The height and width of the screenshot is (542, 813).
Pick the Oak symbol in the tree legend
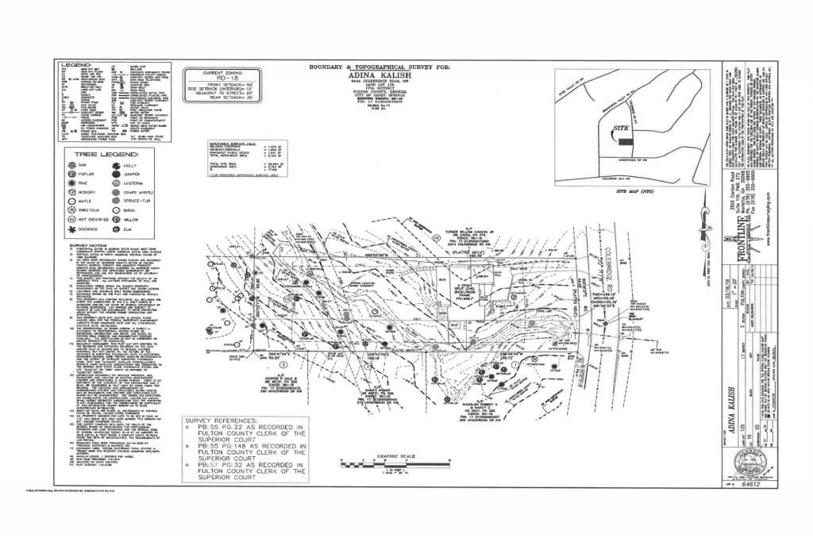coord(73,165)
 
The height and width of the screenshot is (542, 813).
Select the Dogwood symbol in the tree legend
coord(73,229)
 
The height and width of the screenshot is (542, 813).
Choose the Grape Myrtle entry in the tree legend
coord(136,192)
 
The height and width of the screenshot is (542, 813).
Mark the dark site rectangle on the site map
coord(626,140)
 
